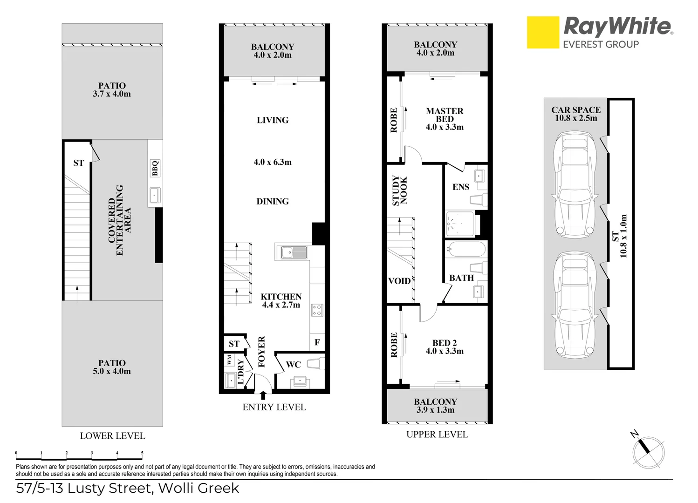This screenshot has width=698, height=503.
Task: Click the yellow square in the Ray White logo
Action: pos(543,33)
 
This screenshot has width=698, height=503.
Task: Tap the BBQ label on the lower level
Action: pos(155,168)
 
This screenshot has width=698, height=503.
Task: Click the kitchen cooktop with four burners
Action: pos(317,310)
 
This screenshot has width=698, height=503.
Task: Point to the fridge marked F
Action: pos(317,343)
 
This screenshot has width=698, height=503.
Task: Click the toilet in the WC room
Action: pos(315,363)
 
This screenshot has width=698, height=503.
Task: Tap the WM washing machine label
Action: pos(229,360)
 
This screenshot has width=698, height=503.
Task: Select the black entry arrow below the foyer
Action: pos(263,395)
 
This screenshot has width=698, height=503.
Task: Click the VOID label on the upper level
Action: pos(399,281)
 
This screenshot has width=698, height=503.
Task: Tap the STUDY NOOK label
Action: pos(399,190)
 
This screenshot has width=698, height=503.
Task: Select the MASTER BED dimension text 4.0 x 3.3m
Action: pos(445,127)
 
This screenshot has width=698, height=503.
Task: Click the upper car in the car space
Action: pos(575,184)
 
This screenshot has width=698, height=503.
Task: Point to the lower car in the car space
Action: pos(575,305)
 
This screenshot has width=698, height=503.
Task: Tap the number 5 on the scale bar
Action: pos(142,453)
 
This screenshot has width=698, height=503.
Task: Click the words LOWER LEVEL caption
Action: pos(112,436)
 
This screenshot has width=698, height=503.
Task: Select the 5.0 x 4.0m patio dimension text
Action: pos(112,372)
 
